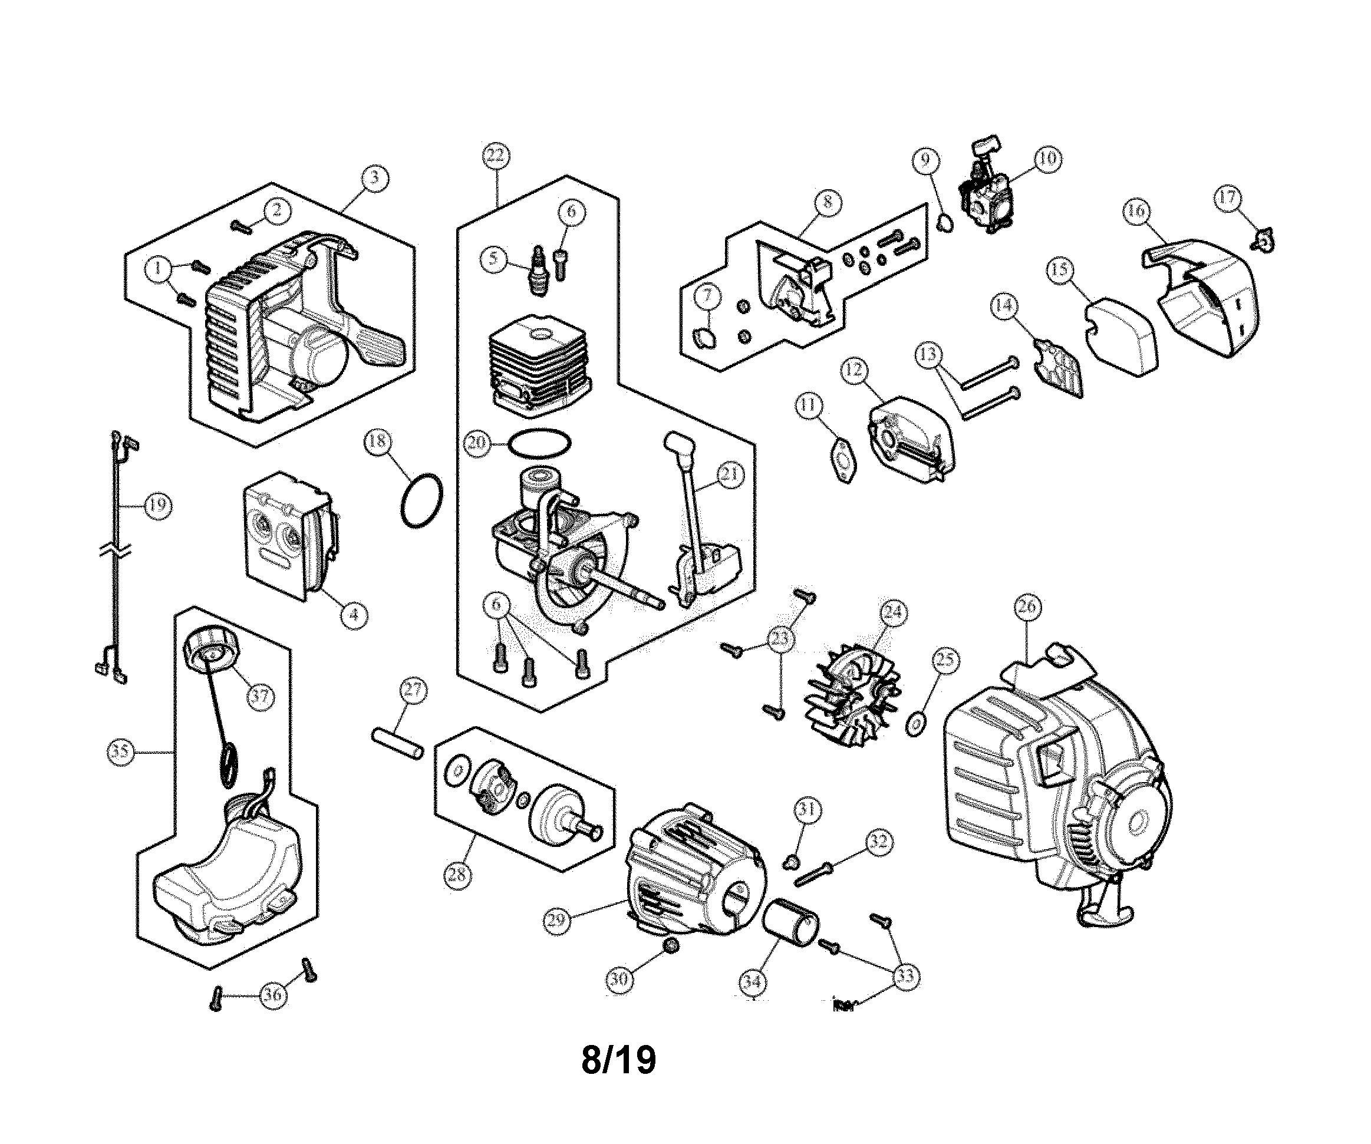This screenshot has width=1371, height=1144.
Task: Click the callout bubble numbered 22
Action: coord(496,156)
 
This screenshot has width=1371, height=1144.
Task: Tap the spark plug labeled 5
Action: coord(539,272)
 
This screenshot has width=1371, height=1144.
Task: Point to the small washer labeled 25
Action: coord(917,725)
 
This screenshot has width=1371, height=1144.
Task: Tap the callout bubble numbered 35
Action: coord(120,751)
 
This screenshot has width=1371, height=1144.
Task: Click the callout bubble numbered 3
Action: coord(375,177)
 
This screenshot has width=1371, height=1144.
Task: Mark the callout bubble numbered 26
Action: coord(1027,607)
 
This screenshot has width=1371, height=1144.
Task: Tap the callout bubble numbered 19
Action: coord(157,505)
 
